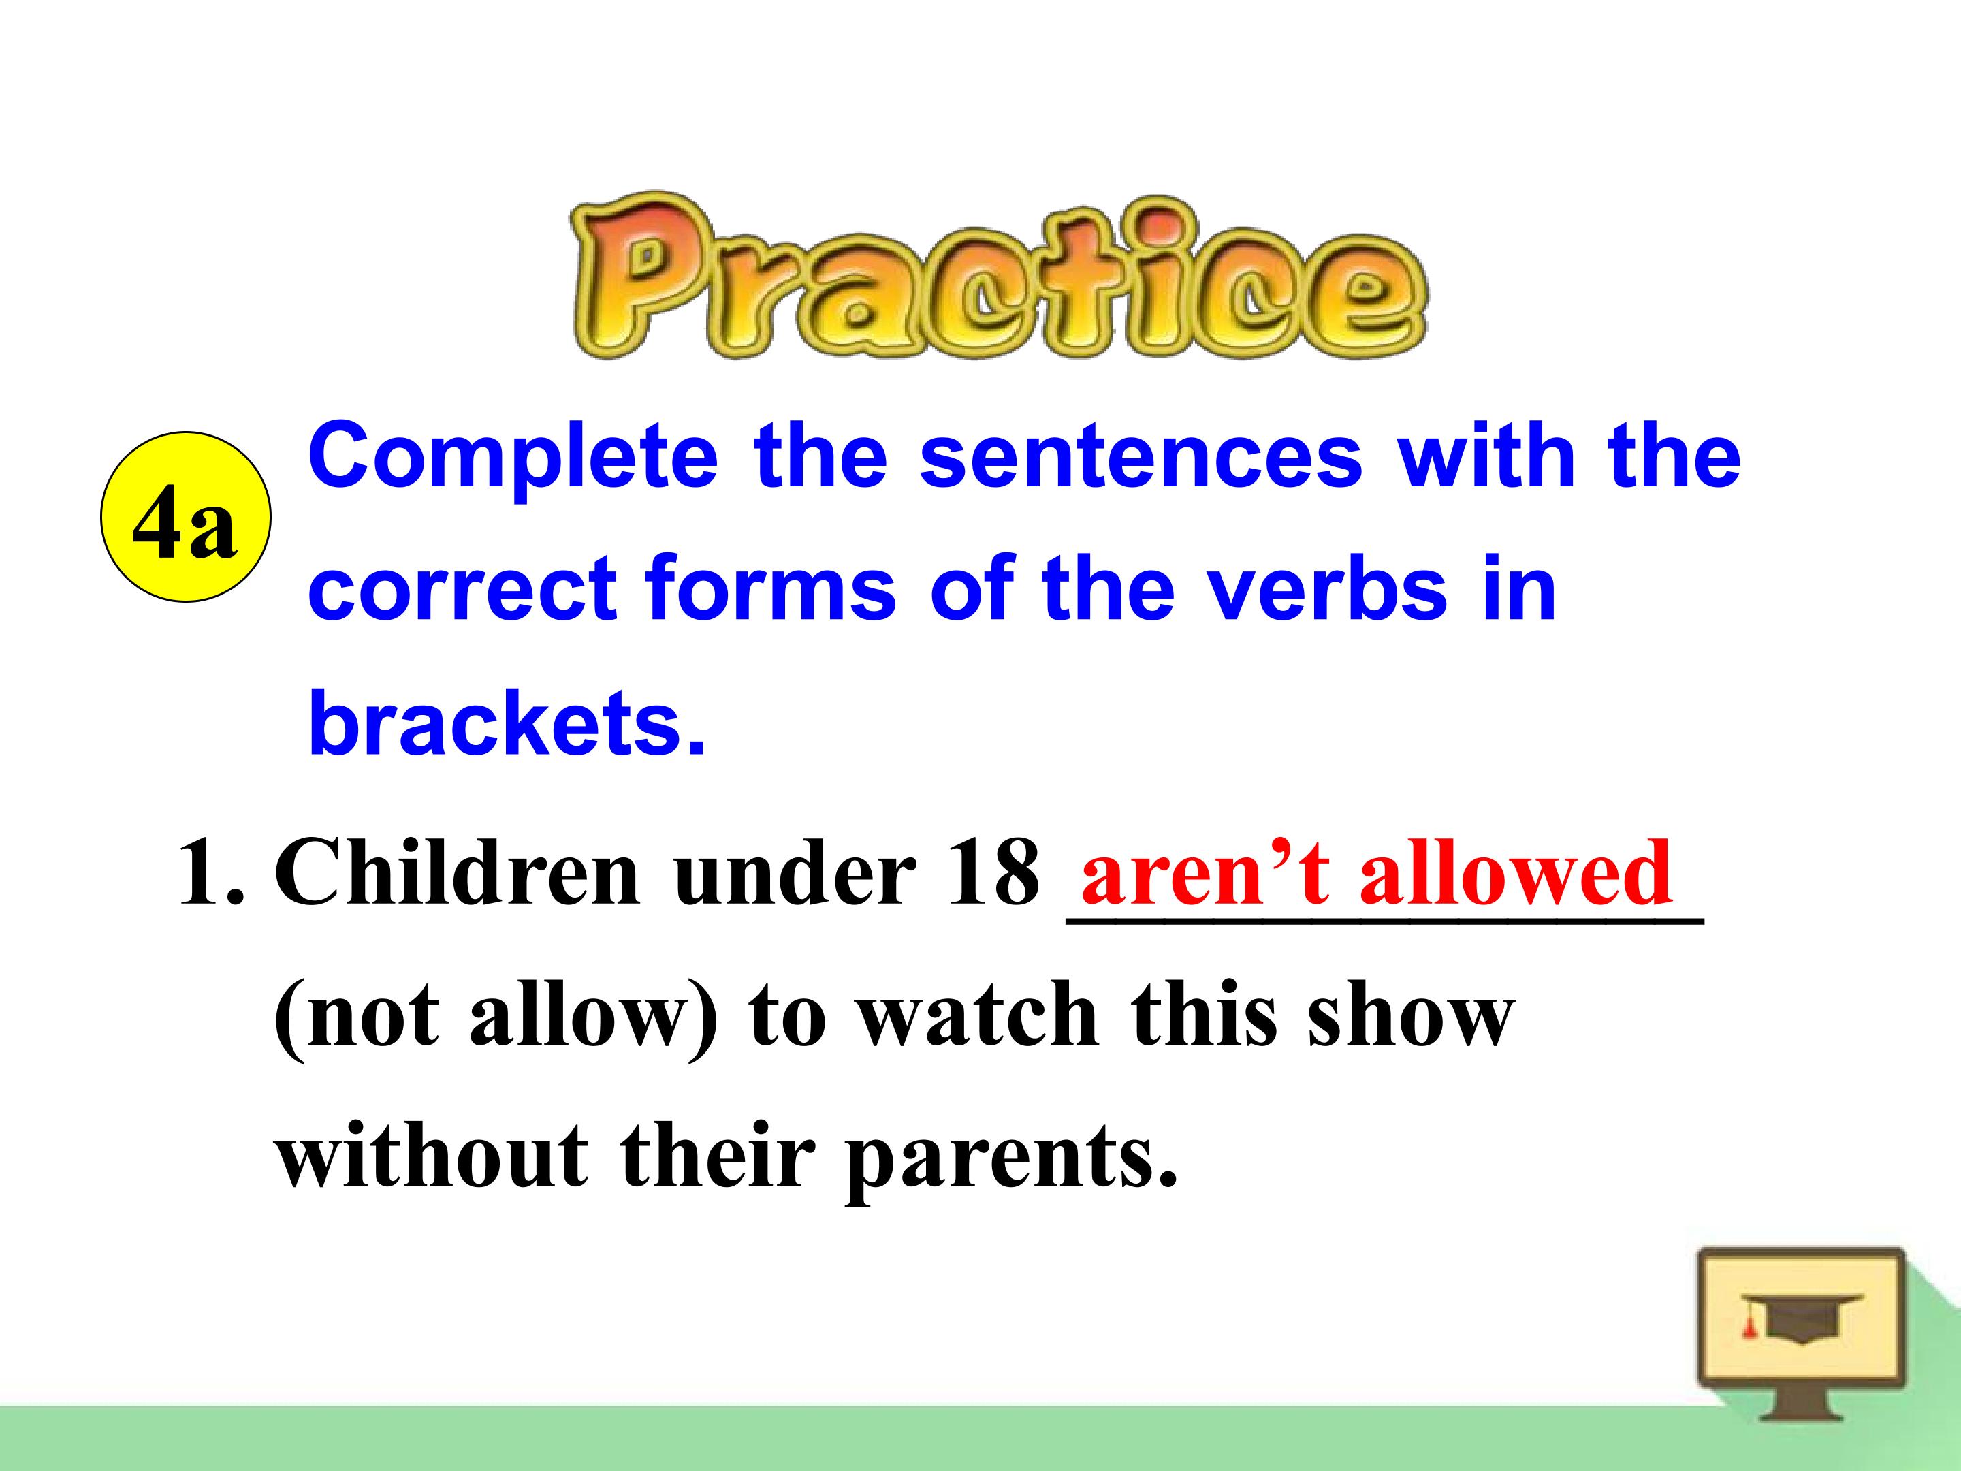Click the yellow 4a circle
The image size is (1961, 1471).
click(185, 517)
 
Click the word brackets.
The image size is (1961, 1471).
click(505, 723)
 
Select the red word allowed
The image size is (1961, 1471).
click(1516, 872)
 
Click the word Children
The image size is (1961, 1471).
click(457, 872)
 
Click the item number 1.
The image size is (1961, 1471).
click(208, 872)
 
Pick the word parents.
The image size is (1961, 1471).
click(1010, 1157)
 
